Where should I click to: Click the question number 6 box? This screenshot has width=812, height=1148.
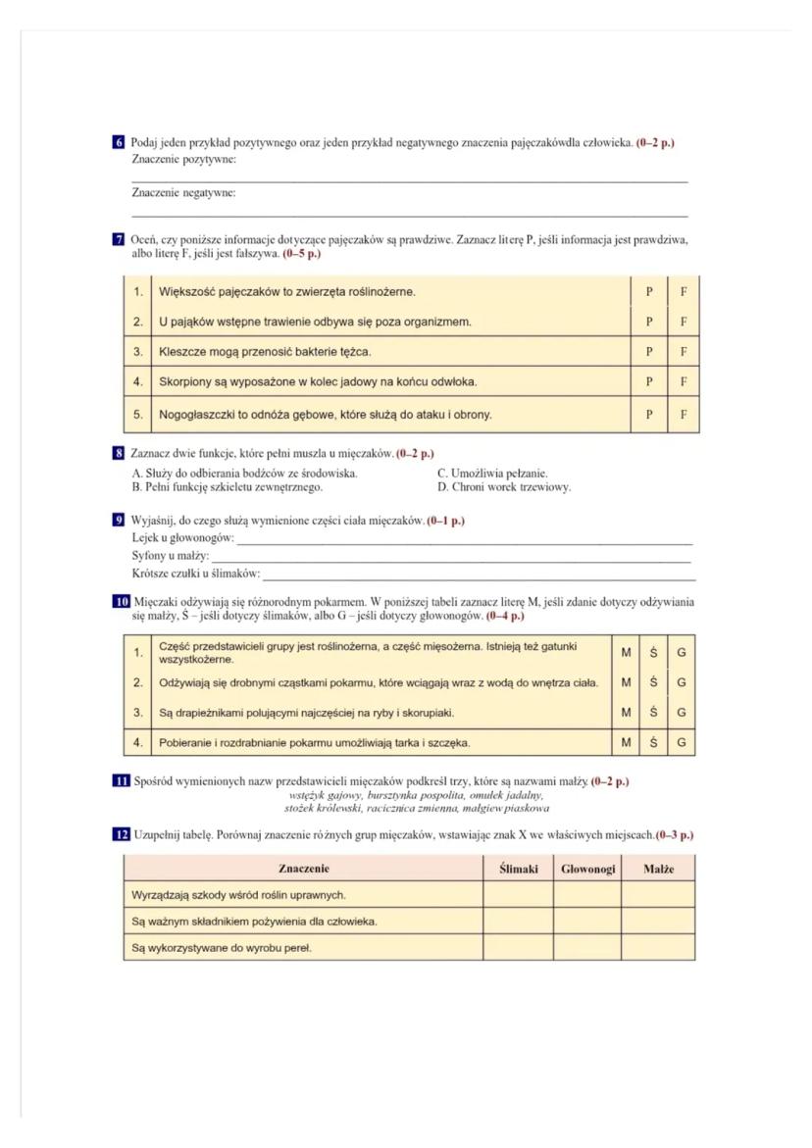point(119,143)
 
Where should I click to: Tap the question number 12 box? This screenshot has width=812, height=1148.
point(119,834)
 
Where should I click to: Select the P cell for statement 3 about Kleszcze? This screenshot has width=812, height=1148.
point(648,351)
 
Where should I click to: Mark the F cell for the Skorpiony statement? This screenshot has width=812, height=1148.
point(683,380)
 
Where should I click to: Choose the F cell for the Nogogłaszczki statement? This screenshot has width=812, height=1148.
point(683,414)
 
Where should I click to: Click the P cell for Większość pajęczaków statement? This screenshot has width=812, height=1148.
point(648,291)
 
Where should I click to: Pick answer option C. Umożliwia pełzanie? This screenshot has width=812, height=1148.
point(492,474)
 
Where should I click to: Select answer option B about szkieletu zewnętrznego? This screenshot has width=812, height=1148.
point(228,486)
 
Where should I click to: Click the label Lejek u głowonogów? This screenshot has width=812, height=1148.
point(183,538)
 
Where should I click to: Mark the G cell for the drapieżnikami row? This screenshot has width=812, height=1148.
point(681,712)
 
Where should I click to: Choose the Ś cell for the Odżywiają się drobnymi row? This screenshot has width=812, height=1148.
point(653,682)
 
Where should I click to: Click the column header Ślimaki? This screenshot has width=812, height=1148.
point(518,869)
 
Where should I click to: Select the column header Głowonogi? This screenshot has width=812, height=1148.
point(586,869)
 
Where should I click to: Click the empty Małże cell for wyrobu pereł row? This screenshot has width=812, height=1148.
point(658,948)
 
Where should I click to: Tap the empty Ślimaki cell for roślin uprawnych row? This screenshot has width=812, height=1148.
point(518,895)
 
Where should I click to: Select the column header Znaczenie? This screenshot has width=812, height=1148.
point(303,869)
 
